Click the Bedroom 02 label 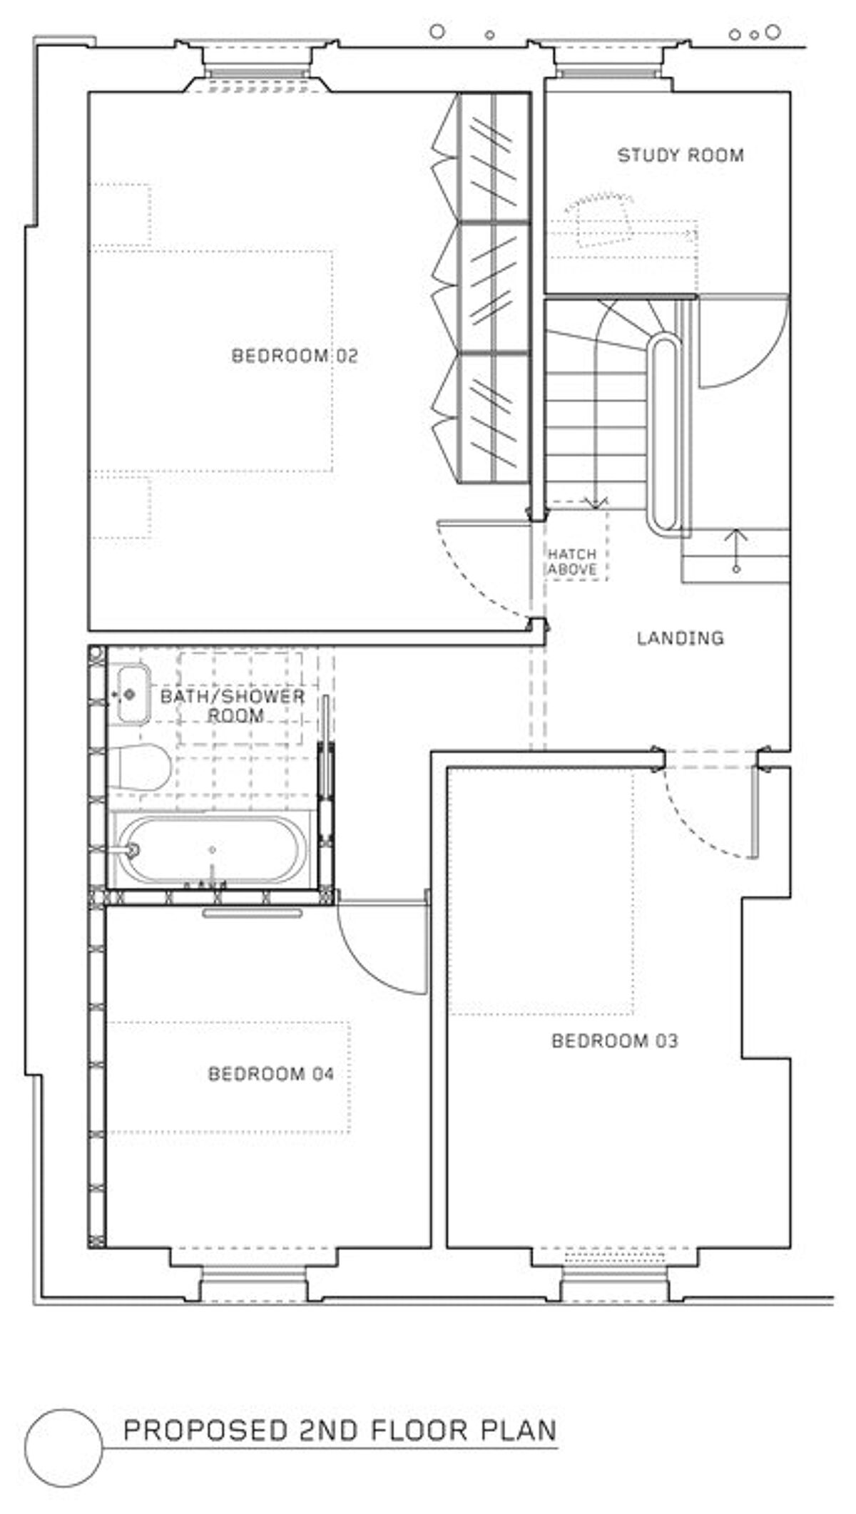[x=295, y=355]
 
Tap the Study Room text [x=680, y=155]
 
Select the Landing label [x=680, y=638]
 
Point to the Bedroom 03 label [x=614, y=1040]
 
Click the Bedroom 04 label [x=270, y=1073]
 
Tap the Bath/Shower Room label [x=233, y=705]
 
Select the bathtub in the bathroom [x=212, y=850]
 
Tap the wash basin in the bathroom [x=132, y=694]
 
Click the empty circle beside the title [x=63, y=1447]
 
